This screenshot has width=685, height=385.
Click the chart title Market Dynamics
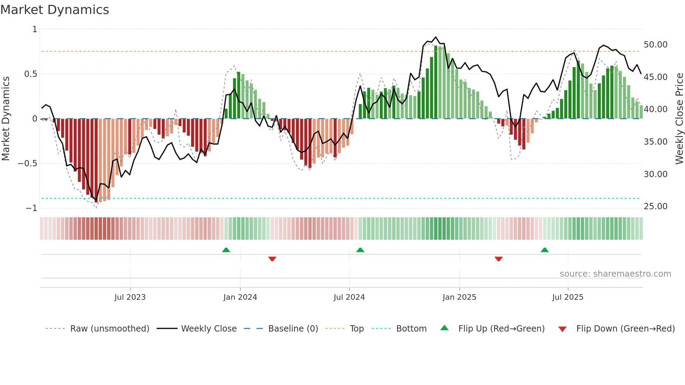coord(55,10)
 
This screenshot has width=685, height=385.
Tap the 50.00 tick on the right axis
coord(655,45)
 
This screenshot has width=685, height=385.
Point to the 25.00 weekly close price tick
coord(655,206)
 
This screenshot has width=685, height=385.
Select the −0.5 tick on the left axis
coord(28,164)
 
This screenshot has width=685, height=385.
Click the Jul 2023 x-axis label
coord(130,297)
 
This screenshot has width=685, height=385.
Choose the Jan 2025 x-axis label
coord(459,297)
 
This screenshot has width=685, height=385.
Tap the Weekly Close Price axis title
coord(679,119)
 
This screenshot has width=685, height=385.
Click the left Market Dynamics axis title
coord(6,119)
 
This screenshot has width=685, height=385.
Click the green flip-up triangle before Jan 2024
coord(226,250)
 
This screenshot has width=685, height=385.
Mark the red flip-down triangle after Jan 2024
coord(272,259)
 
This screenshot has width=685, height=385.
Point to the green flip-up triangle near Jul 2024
coord(360,250)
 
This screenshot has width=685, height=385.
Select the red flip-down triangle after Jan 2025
coord(499,259)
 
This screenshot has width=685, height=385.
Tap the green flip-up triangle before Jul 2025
coord(545,250)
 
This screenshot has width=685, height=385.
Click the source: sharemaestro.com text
coord(615,274)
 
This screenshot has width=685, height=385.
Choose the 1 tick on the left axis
coord(35,29)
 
